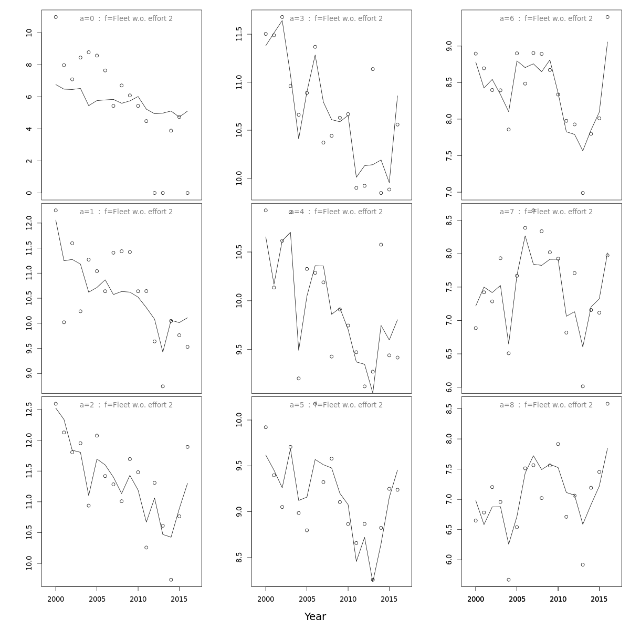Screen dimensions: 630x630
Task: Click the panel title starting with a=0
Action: coord(126,19)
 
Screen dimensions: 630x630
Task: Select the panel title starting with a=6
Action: coord(546,19)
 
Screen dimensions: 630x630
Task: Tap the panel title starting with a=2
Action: coord(126,405)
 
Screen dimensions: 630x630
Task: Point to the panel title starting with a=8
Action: coord(546,405)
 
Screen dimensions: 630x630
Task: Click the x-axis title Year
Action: coord(315,617)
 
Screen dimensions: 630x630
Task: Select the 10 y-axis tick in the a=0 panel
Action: coord(29,33)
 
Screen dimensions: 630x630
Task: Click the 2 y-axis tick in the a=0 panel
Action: coord(29,161)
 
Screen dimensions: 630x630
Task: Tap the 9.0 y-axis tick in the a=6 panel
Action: coord(449,46)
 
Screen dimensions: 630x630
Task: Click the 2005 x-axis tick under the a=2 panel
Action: coord(97,599)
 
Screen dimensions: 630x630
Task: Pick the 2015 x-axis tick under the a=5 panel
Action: coord(389,599)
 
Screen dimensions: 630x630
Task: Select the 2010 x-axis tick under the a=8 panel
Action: coord(558,599)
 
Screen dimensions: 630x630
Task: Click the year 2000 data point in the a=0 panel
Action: coord(56,17)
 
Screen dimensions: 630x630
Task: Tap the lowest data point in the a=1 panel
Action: coord(163,386)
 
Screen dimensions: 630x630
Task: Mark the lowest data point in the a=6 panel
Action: coord(583,193)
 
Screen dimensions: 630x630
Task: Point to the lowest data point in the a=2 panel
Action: coord(171,580)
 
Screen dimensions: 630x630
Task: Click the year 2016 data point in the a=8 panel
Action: coord(607,404)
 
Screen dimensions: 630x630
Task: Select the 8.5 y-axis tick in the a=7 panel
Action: coord(449,221)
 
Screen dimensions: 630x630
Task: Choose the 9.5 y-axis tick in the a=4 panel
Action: coord(239,349)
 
